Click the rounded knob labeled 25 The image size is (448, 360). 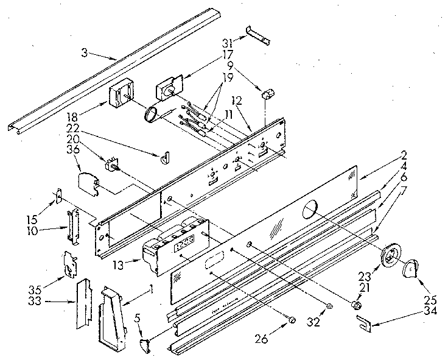(412, 266)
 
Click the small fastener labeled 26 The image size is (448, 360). (292, 320)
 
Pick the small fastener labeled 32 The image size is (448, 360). (329, 306)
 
